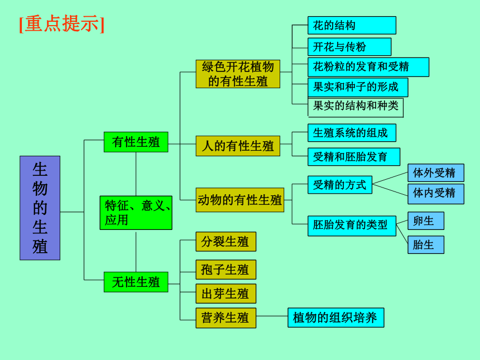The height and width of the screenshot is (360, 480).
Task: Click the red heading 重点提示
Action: point(61,24)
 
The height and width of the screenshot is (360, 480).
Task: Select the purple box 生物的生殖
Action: point(40,208)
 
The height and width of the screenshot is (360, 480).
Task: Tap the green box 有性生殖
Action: point(136,142)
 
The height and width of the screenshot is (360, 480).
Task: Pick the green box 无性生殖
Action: point(136,282)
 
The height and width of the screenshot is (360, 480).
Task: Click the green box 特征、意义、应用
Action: point(136,213)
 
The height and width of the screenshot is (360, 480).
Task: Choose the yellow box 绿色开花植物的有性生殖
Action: point(238,74)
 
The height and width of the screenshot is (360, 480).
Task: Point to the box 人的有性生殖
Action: point(238,146)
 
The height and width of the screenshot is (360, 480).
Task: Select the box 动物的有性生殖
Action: point(239,200)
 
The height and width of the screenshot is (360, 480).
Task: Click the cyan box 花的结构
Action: point(352,26)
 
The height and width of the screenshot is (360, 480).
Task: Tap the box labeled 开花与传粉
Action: point(349,47)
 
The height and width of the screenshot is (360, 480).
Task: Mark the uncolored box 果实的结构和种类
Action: point(356,108)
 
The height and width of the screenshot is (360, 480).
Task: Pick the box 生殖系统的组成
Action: point(352,133)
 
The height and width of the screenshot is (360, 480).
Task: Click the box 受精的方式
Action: point(340,185)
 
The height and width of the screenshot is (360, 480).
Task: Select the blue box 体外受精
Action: point(436,173)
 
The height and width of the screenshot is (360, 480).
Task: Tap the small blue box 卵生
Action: point(426,220)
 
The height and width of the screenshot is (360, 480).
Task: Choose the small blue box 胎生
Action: point(426,245)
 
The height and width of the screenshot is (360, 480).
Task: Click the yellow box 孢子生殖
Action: point(226,270)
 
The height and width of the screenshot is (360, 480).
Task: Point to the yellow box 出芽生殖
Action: point(226,294)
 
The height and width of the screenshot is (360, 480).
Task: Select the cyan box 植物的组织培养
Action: point(336,318)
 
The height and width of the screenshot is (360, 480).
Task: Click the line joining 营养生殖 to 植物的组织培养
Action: point(272,316)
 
